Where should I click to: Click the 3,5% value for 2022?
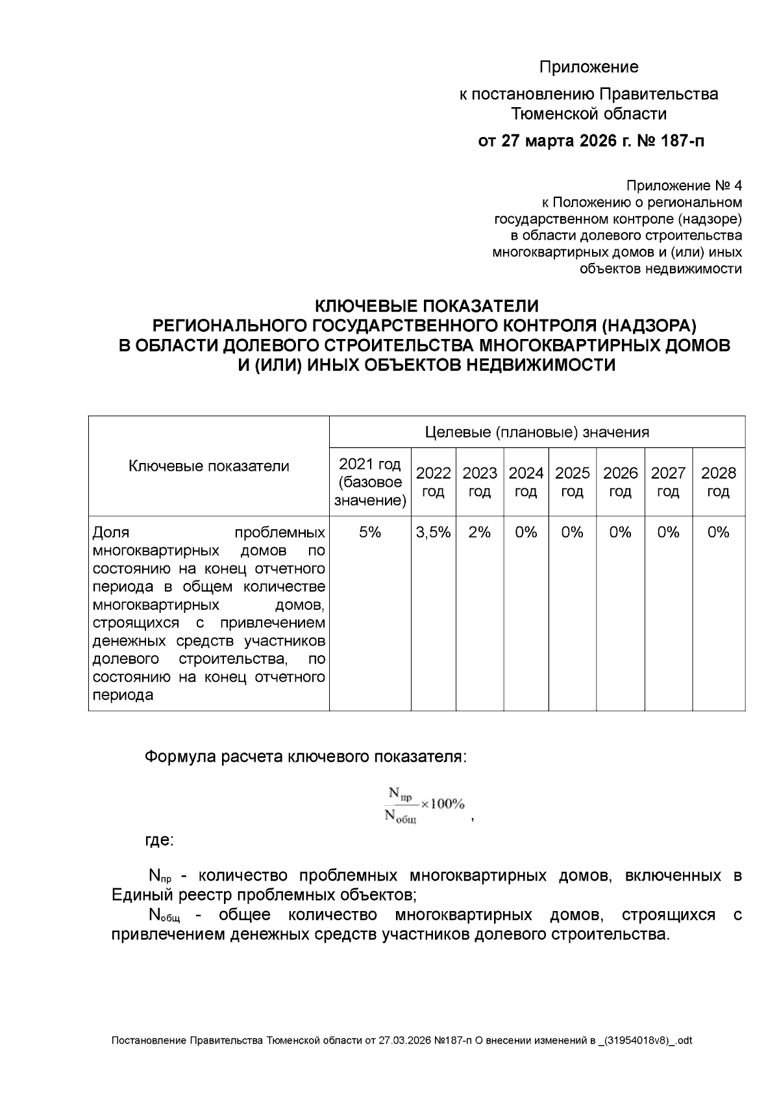pyautogui.click(x=433, y=532)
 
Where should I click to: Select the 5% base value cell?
pyautogui.click(x=370, y=532)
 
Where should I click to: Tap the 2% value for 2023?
pyautogui.click(x=480, y=532)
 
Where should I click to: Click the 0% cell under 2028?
pyautogui.click(x=718, y=532)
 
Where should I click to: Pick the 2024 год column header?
pyautogui.click(x=526, y=482)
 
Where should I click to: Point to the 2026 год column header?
pyautogui.click(x=620, y=482)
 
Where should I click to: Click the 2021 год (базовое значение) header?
pyautogui.click(x=370, y=482)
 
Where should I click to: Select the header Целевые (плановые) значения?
pyautogui.click(x=537, y=432)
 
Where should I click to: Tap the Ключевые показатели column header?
pyautogui.click(x=208, y=466)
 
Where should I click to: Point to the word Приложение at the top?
pyautogui.click(x=589, y=67)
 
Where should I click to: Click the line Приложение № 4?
pyautogui.click(x=684, y=185)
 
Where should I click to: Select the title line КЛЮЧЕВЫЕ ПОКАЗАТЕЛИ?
pyautogui.click(x=427, y=305)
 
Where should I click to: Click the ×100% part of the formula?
pyautogui.click(x=442, y=804)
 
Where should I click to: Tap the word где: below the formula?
pyautogui.click(x=158, y=840)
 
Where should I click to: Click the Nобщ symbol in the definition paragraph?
pyautogui.click(x=164, y=916)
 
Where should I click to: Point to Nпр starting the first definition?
pyautogui.click(x=160, y=877)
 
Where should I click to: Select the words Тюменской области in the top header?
pyautogui.click(x=589, y=114)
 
